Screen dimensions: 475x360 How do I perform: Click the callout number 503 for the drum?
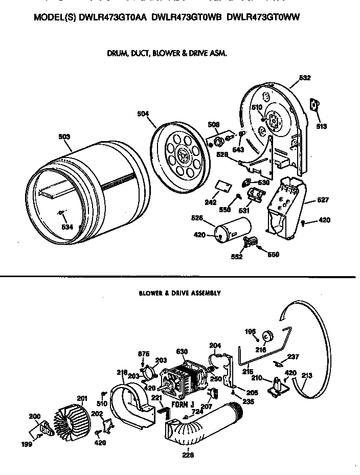[64, 137]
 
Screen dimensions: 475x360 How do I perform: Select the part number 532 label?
[305, 78]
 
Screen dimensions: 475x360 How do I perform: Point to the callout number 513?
[321, 126]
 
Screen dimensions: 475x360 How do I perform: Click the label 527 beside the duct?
[323, 200]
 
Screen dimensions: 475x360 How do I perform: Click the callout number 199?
[27, 445]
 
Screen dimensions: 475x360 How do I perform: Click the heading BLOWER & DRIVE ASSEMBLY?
[179, 293]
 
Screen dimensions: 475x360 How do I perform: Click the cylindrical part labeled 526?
[233, 231]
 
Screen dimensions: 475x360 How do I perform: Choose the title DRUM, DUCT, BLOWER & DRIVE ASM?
[167, 53]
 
